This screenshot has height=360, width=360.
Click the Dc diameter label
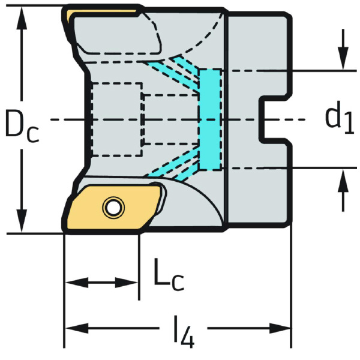(x=22, y=125)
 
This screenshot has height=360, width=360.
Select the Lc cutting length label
(x=169, y=275)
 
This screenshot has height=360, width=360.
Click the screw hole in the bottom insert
(x=113, y=208)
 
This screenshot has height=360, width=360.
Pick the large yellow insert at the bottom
(x=113, y=208)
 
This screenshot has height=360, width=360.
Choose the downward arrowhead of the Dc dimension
(x=22, y=221)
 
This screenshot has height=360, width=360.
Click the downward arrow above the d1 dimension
(x=343, y=49)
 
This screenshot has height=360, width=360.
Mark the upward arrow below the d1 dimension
(x=343, y=190)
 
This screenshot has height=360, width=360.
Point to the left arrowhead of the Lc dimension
(x=77, y=283)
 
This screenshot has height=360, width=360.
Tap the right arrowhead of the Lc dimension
(x=127, y=283)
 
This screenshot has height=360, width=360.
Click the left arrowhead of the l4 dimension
(x=77, y=328)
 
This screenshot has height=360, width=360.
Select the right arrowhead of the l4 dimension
(x=280, y=328)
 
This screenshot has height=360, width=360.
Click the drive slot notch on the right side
(x=274, y=119)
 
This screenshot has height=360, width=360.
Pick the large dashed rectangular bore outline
(x=117, y=119)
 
